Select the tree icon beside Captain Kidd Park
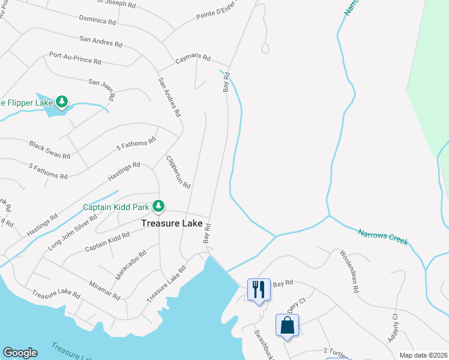tap(158, 206)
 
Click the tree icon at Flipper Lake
tap(61, 102)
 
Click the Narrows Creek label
tap(383, 236)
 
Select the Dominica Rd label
tap(97, 21)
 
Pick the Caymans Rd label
tap(192, 59)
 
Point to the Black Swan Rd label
tap(50, 149)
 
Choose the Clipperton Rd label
tap(178, 172)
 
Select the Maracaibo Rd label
tap(131, 265)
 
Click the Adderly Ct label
tap(393, 327)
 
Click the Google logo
tap(20, 353)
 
